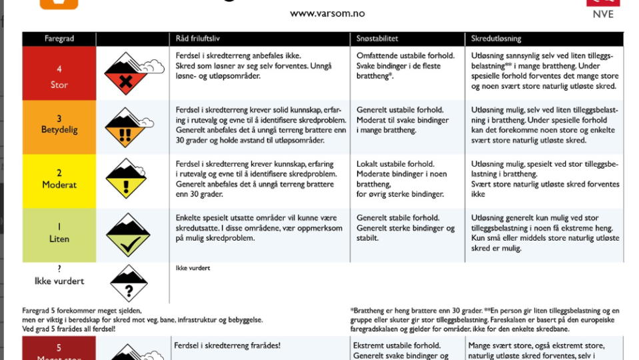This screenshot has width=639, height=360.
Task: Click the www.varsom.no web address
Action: pos(327,13)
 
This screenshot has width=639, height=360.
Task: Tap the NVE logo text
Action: pos(603,13)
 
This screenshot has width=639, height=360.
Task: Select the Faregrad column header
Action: pos(59,39)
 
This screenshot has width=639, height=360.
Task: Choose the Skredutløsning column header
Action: pos(496,39)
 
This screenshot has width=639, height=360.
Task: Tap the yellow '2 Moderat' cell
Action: pos(59,181)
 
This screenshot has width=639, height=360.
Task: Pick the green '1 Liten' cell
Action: pos(59,235)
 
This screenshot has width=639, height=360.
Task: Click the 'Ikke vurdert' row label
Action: pos(59,281)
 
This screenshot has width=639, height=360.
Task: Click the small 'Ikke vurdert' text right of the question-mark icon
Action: pos(193,268)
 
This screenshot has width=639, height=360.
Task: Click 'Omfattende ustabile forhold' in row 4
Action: pos(405,56)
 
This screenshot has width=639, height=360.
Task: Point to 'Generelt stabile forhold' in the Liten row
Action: pos(398,218)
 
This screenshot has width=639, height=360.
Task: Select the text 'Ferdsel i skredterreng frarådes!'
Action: pos(227,345)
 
